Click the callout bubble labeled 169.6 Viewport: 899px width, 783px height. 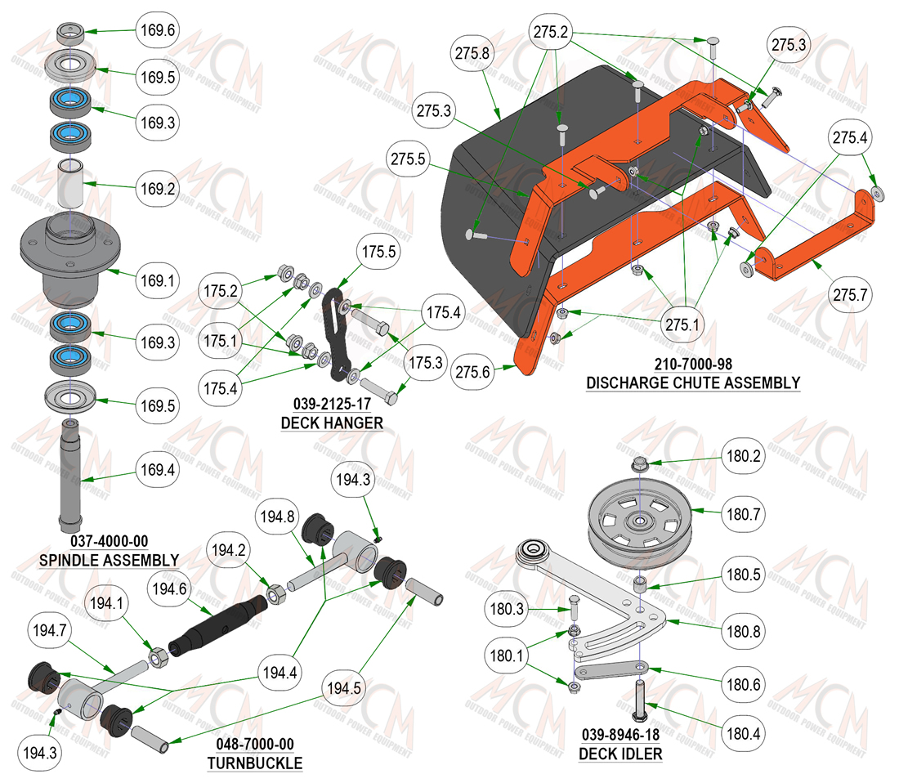pos(158,29)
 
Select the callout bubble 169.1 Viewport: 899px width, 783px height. pos(158,280)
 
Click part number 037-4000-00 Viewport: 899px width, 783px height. pos(109,541)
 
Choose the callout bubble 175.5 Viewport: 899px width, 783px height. pos(379,251)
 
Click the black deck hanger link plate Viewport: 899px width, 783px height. pos(334,335)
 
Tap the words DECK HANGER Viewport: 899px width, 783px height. pos(332,423)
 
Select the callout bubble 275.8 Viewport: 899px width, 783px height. pos(472,53)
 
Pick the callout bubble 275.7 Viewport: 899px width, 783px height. pos(850,294)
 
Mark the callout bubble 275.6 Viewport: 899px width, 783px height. pos(472,372)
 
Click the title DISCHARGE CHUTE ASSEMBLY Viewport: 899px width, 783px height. pos(693,383)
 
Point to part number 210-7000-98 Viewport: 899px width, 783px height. pos(693,364)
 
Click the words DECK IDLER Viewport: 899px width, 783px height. pos(620,754)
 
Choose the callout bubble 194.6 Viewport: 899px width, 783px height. pos(169,588)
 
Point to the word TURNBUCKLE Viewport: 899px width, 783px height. pos(255,763)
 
